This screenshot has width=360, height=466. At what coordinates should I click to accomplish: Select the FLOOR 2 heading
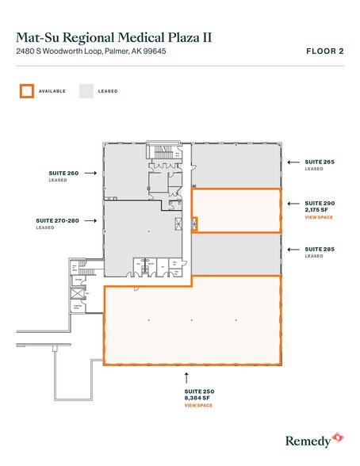[324, 52]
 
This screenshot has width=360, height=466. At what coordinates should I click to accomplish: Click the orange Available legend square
[27, 91]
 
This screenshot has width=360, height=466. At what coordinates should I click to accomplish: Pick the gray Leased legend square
[86, 91]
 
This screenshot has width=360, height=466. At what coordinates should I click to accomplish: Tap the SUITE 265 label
[319, 162]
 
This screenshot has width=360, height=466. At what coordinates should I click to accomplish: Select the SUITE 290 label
[319, 204]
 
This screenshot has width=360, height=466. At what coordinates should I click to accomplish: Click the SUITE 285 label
[319, 249]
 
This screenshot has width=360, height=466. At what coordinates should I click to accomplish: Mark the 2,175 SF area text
[317, 210]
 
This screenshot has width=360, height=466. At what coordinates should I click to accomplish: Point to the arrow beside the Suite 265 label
[293, 162]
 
